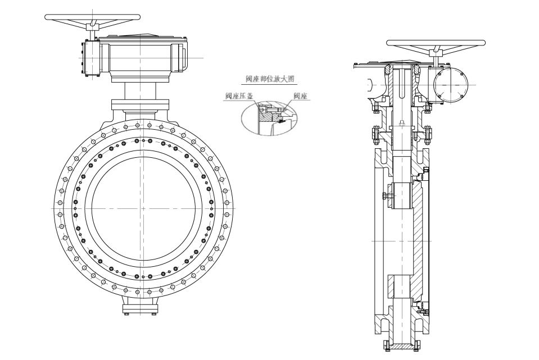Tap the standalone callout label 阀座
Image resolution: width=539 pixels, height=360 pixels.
(x=301, y=97)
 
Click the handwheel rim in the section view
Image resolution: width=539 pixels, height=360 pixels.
(x=436, y=43)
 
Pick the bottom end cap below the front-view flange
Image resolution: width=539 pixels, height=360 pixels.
(x=141, y=308)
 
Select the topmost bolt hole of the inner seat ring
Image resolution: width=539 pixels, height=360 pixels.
(x=144, y=140)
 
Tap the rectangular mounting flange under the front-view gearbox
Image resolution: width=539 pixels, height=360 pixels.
(x=140, y=104)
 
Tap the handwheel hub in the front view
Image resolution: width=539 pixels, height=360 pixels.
(x=93, y=25)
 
